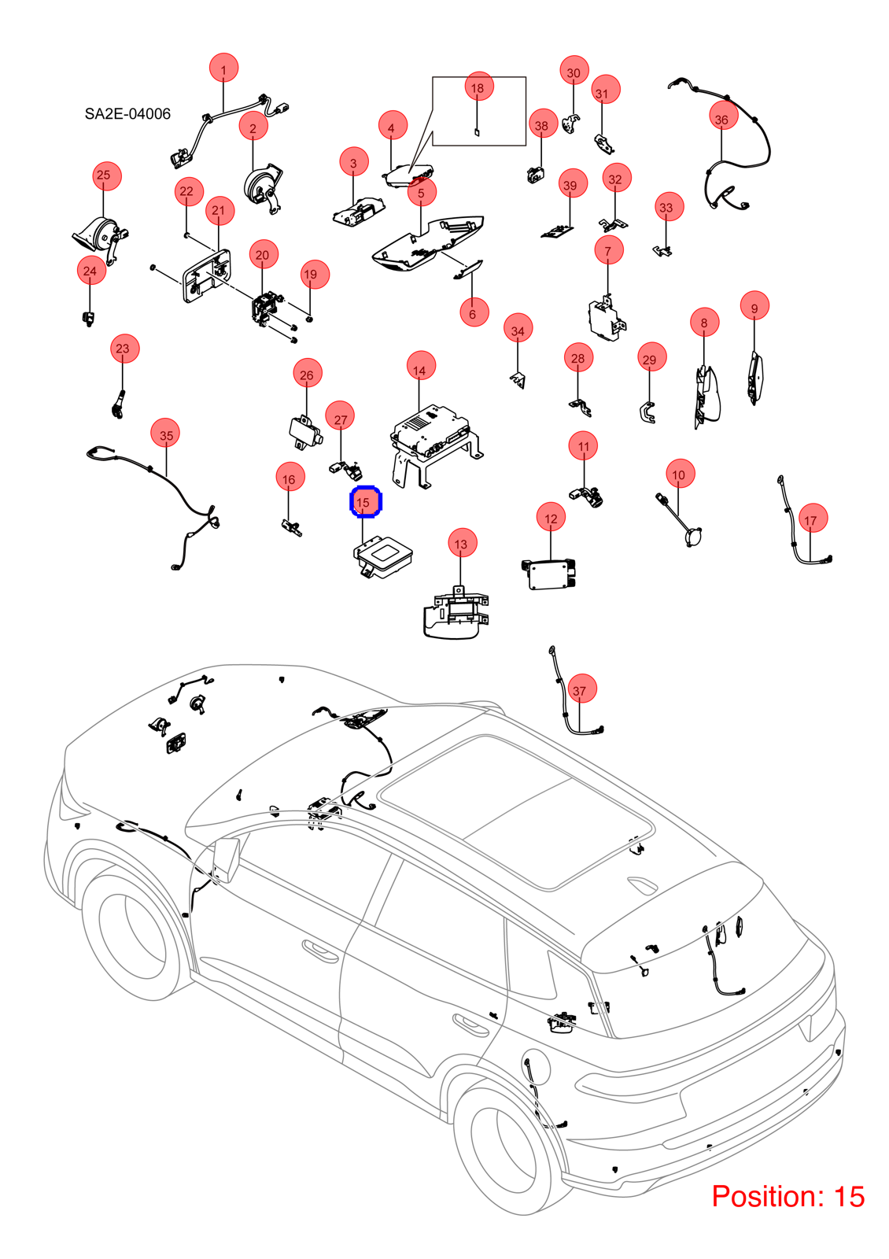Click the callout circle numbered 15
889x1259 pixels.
365,501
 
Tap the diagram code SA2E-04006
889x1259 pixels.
127,114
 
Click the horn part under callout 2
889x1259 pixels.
264,188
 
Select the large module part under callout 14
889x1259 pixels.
436,444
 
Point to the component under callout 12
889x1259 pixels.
550,574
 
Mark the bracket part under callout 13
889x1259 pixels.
456,613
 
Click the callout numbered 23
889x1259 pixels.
125,349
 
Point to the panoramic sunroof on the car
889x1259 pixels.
516,810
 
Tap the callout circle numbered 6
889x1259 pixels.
474,312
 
